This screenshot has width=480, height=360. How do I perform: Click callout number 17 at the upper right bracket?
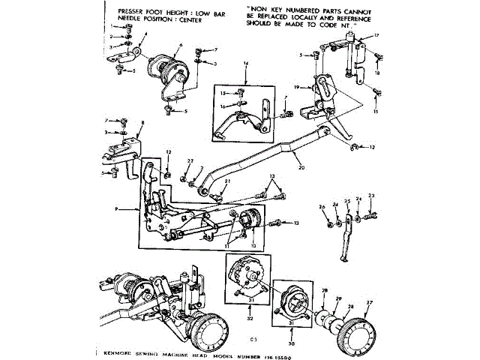tap(376, 36)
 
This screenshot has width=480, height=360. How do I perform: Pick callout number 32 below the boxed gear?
tap(249, 319)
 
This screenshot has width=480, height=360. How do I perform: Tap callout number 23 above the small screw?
tap(370, 196)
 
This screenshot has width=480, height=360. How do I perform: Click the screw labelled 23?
tap(370, 217)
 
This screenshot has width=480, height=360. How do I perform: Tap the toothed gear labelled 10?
tap(249, 221)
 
